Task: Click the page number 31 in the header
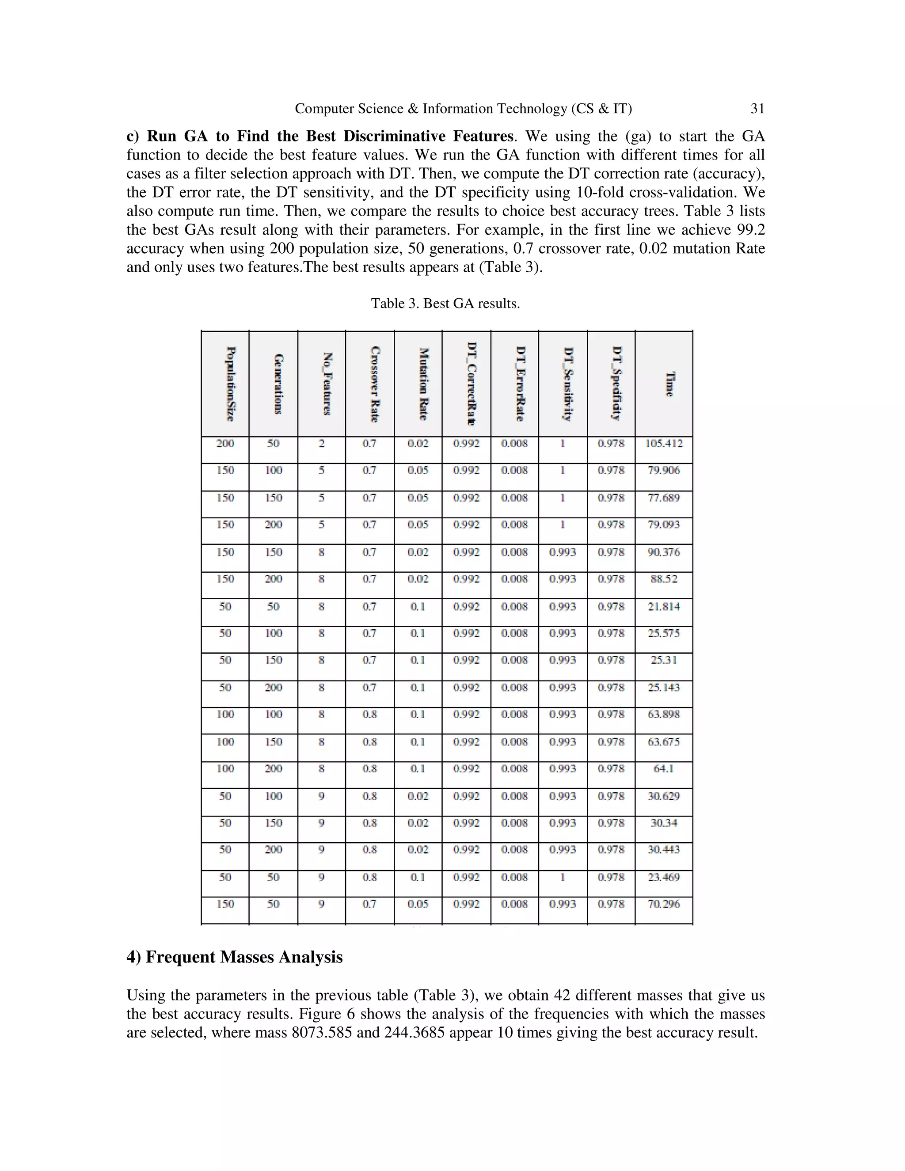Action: point(757,109)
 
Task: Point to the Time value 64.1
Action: point(664,768)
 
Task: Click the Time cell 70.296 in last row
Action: point(664,904)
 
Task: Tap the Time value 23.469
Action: point(664,877)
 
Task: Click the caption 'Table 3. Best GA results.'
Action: point(445,304)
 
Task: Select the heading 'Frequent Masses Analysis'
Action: point(244,957)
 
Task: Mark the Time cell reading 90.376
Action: point(664,552)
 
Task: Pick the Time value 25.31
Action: point(664,660)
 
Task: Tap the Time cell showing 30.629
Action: point(664,796)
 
